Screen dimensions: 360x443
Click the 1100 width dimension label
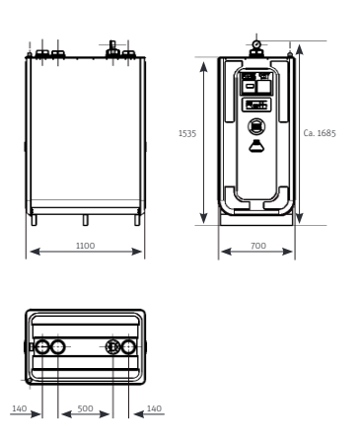85,246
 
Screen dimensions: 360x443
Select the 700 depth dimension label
258,246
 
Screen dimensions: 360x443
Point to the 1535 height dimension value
187,133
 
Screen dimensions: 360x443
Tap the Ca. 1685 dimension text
320,133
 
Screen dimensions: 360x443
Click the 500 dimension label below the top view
85,408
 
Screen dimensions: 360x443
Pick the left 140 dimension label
20,408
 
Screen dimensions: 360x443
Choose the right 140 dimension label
154,408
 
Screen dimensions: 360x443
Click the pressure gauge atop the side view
256,44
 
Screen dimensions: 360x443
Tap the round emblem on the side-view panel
256,126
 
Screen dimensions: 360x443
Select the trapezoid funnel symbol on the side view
256,146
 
